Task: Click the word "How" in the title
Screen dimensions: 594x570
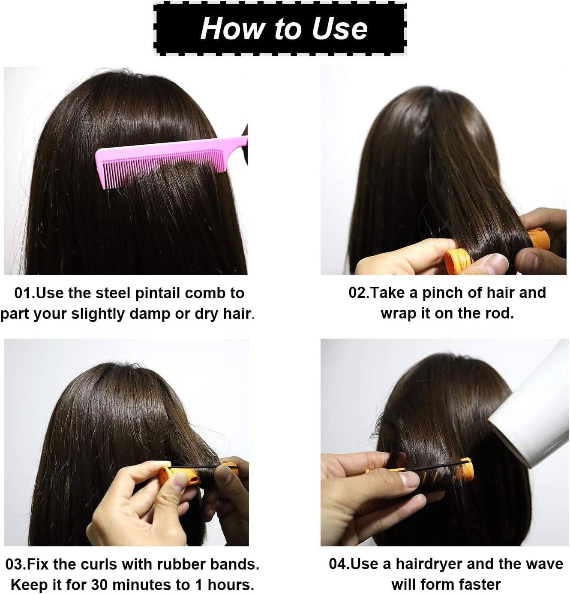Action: coord(232,28)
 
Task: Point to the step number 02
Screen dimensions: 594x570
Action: coord(357,293)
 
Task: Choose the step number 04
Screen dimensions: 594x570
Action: coord(338,564)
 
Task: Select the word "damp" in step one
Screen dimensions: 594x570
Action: coord(148,314)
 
